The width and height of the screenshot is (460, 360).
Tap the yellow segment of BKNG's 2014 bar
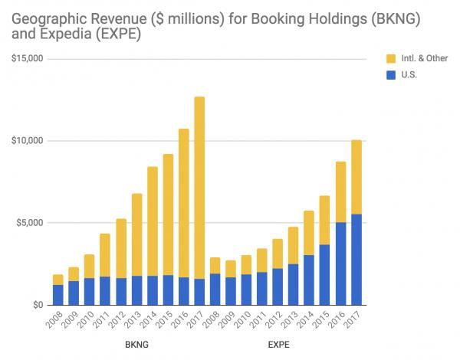coord(152,221)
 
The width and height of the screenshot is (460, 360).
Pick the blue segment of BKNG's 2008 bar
coord(58,295)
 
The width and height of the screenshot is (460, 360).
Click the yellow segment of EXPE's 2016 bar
coord(340,191)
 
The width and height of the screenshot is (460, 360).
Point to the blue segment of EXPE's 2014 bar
coord(308,280)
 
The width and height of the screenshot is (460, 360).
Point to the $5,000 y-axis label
coord(28,223)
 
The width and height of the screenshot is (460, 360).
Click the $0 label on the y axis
coord(35,305)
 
